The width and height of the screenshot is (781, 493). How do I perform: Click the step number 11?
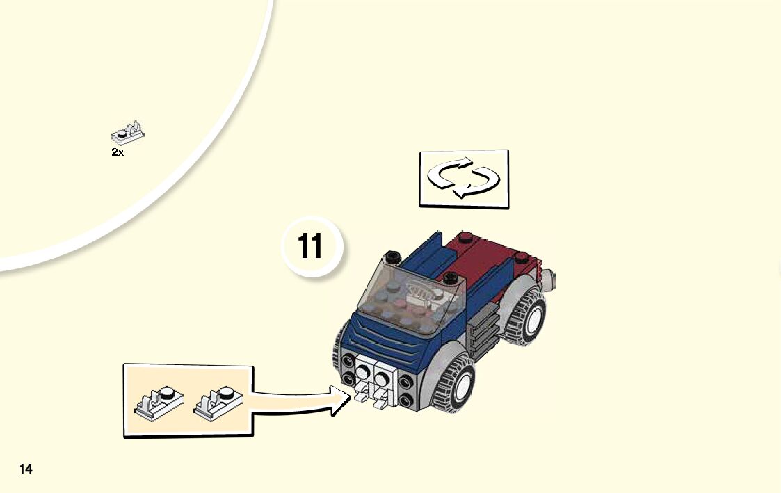[x=310, y=246]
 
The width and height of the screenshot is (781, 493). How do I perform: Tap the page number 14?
[x=26, y=469]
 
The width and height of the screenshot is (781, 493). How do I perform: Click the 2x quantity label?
[x=118, y=152]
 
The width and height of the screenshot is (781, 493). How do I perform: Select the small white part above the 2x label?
[x=127, y=134]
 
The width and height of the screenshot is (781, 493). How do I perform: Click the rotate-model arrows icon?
[x=463, y=178]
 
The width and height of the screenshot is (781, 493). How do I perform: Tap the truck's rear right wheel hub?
[x=533, y=316]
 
